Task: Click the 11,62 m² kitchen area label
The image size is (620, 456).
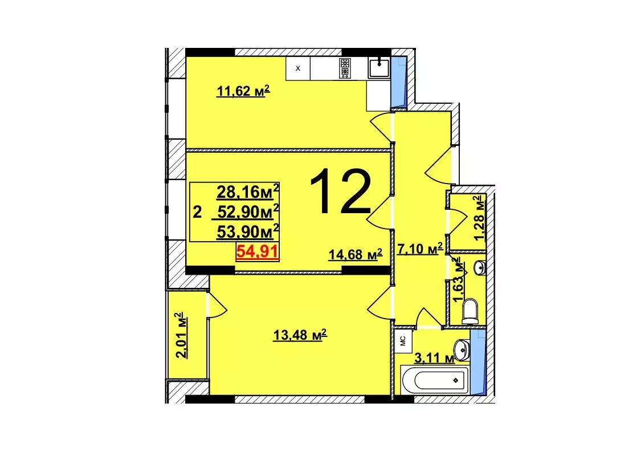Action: click(x=243, y=91)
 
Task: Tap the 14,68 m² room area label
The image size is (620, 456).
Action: click(x=356, y=254)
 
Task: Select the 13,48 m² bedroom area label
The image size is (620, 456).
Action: click(x=300, y=335)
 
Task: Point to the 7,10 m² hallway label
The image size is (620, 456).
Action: click(x=419, y=249)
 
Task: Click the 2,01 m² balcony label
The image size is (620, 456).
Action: click(x=181, y=335)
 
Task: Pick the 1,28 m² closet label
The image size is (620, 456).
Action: click(x=480, y=218)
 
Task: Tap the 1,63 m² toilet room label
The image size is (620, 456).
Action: click(x=458, y=280)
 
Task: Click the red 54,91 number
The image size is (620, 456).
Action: click(x=258, y=251)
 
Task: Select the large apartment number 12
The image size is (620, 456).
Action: click(x=340, y=191)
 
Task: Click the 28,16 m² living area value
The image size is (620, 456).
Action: click(x=248, y=192)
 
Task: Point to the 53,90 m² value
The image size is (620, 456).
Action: click(x=248, y=231)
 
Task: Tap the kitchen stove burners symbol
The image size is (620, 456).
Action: click(x=345, y=68)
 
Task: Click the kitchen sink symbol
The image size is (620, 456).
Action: click(x=379, y=67)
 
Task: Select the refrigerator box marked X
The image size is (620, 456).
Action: click(x=297, y=68)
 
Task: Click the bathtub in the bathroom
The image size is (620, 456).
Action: click(x=435, y=380)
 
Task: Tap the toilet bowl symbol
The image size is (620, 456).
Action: click(x=470, y=311)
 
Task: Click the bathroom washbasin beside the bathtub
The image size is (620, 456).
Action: click(x=462, y=348)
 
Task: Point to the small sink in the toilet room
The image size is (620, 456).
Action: click(x=480, y=268)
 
